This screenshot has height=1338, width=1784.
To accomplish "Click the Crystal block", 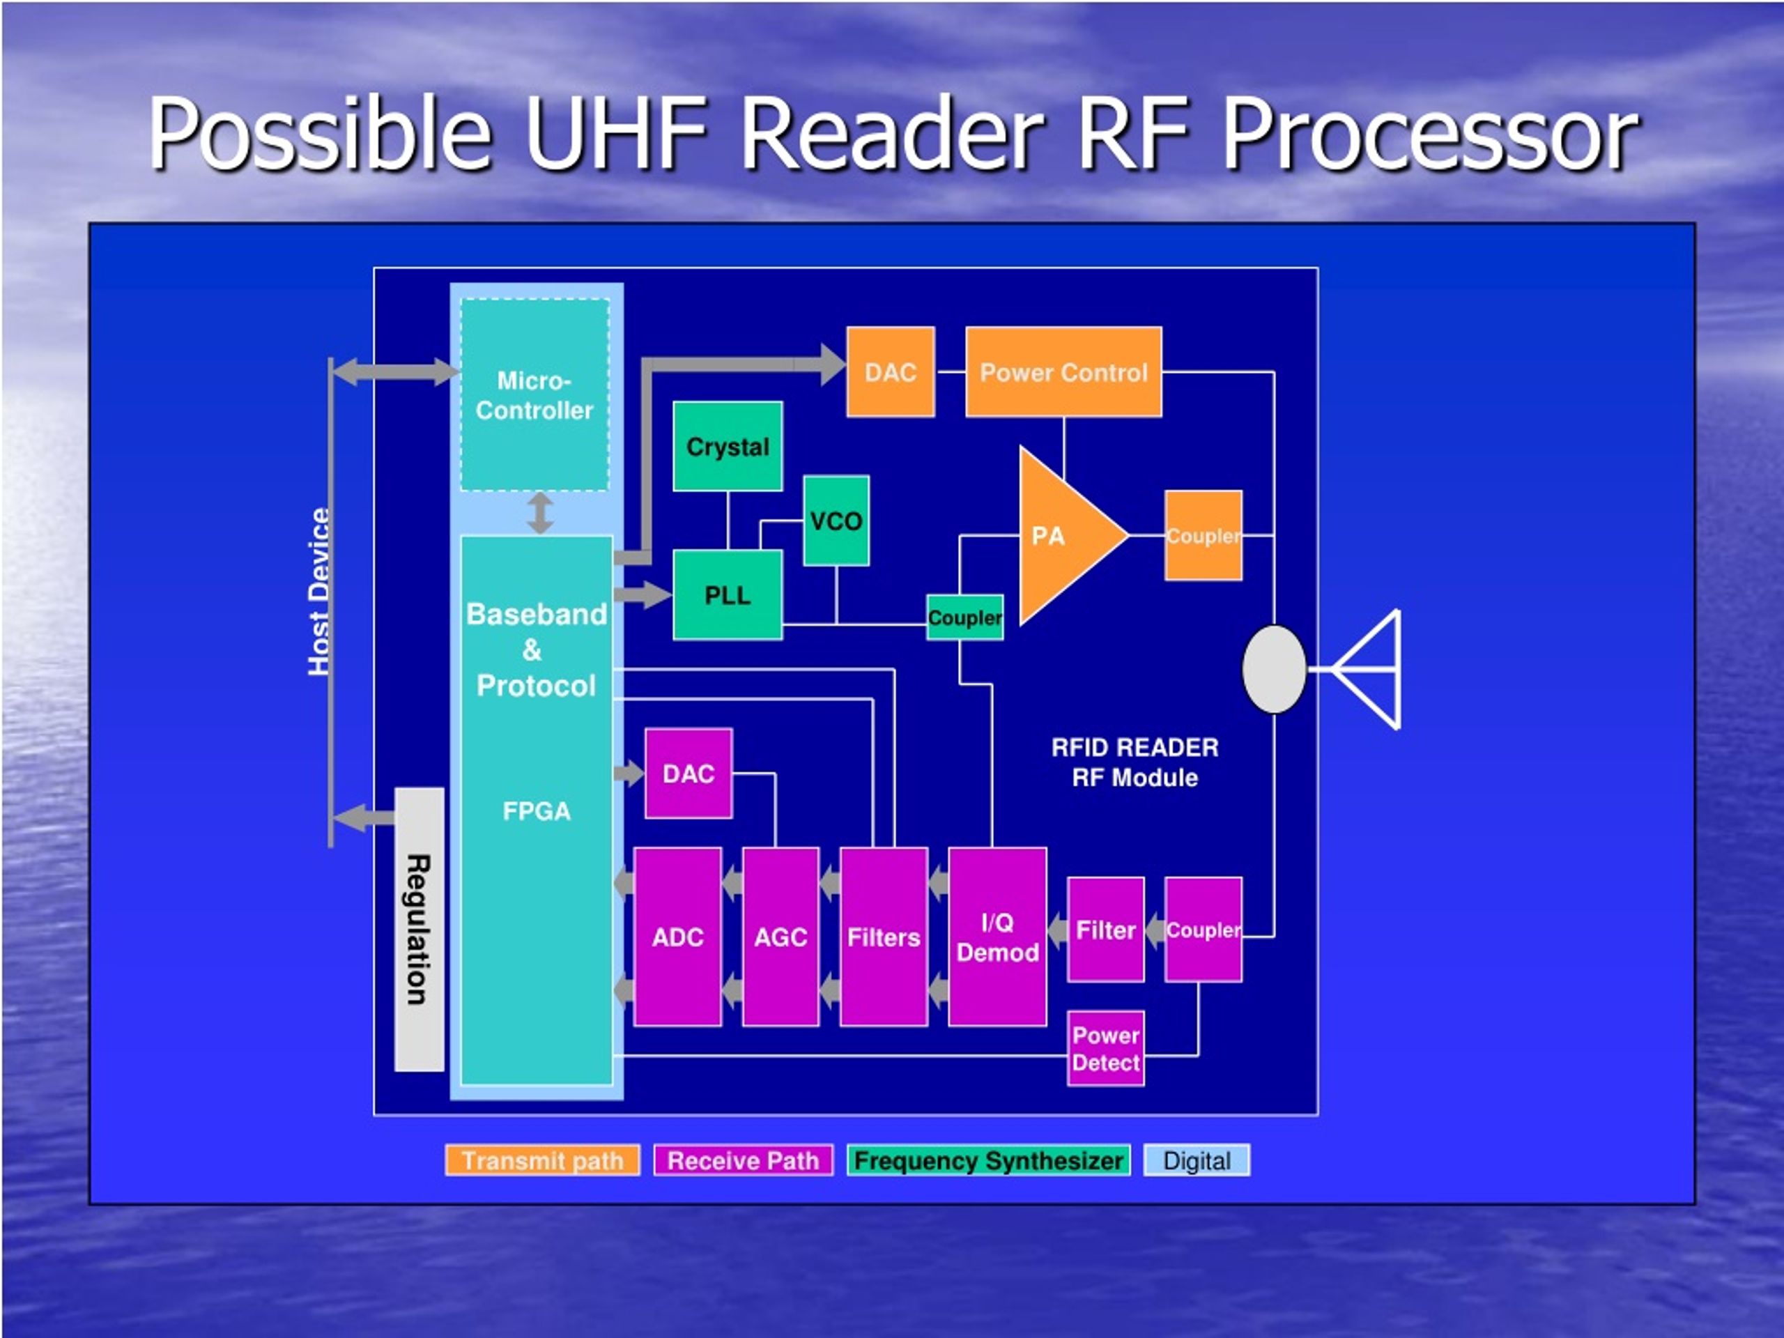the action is (x=728, y=446).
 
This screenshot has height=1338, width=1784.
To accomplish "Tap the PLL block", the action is (x=728, y=595).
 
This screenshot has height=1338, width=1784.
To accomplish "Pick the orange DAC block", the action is (x=891, y=372).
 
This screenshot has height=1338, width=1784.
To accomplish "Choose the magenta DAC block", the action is (x=689, y=774).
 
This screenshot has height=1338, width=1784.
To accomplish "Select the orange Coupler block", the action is (x=1204, y=535).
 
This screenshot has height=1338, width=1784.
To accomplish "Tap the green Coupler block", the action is (x=964, y=618).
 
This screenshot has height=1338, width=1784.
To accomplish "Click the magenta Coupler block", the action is (x=1204, y=930).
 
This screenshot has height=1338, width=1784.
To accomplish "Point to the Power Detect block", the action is (x=1106, y=1049).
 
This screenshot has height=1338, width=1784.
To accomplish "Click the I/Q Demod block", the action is (x=998, y=937).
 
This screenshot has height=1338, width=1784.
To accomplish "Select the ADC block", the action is (x=677, y=937).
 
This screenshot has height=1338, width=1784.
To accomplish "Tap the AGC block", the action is (x=780, y=937).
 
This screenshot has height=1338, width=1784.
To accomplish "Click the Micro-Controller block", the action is (x=535, y=394).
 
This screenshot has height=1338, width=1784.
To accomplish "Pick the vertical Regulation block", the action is (x=420, y=930).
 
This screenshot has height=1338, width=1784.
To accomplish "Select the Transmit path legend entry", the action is (x=543, y=1160).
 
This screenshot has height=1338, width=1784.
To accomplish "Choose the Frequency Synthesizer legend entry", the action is (x=989, y=1160).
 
